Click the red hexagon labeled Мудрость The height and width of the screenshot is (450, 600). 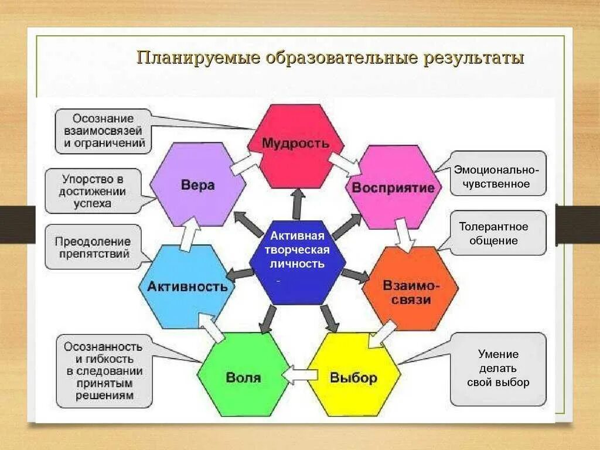295,145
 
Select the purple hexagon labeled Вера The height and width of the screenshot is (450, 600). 197,185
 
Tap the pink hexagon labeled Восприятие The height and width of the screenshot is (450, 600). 393,187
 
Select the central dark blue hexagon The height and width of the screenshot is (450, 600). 297,258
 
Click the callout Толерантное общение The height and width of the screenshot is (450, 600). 498,233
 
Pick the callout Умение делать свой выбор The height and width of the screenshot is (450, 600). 498,369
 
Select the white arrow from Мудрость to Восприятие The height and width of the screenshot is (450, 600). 344,163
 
